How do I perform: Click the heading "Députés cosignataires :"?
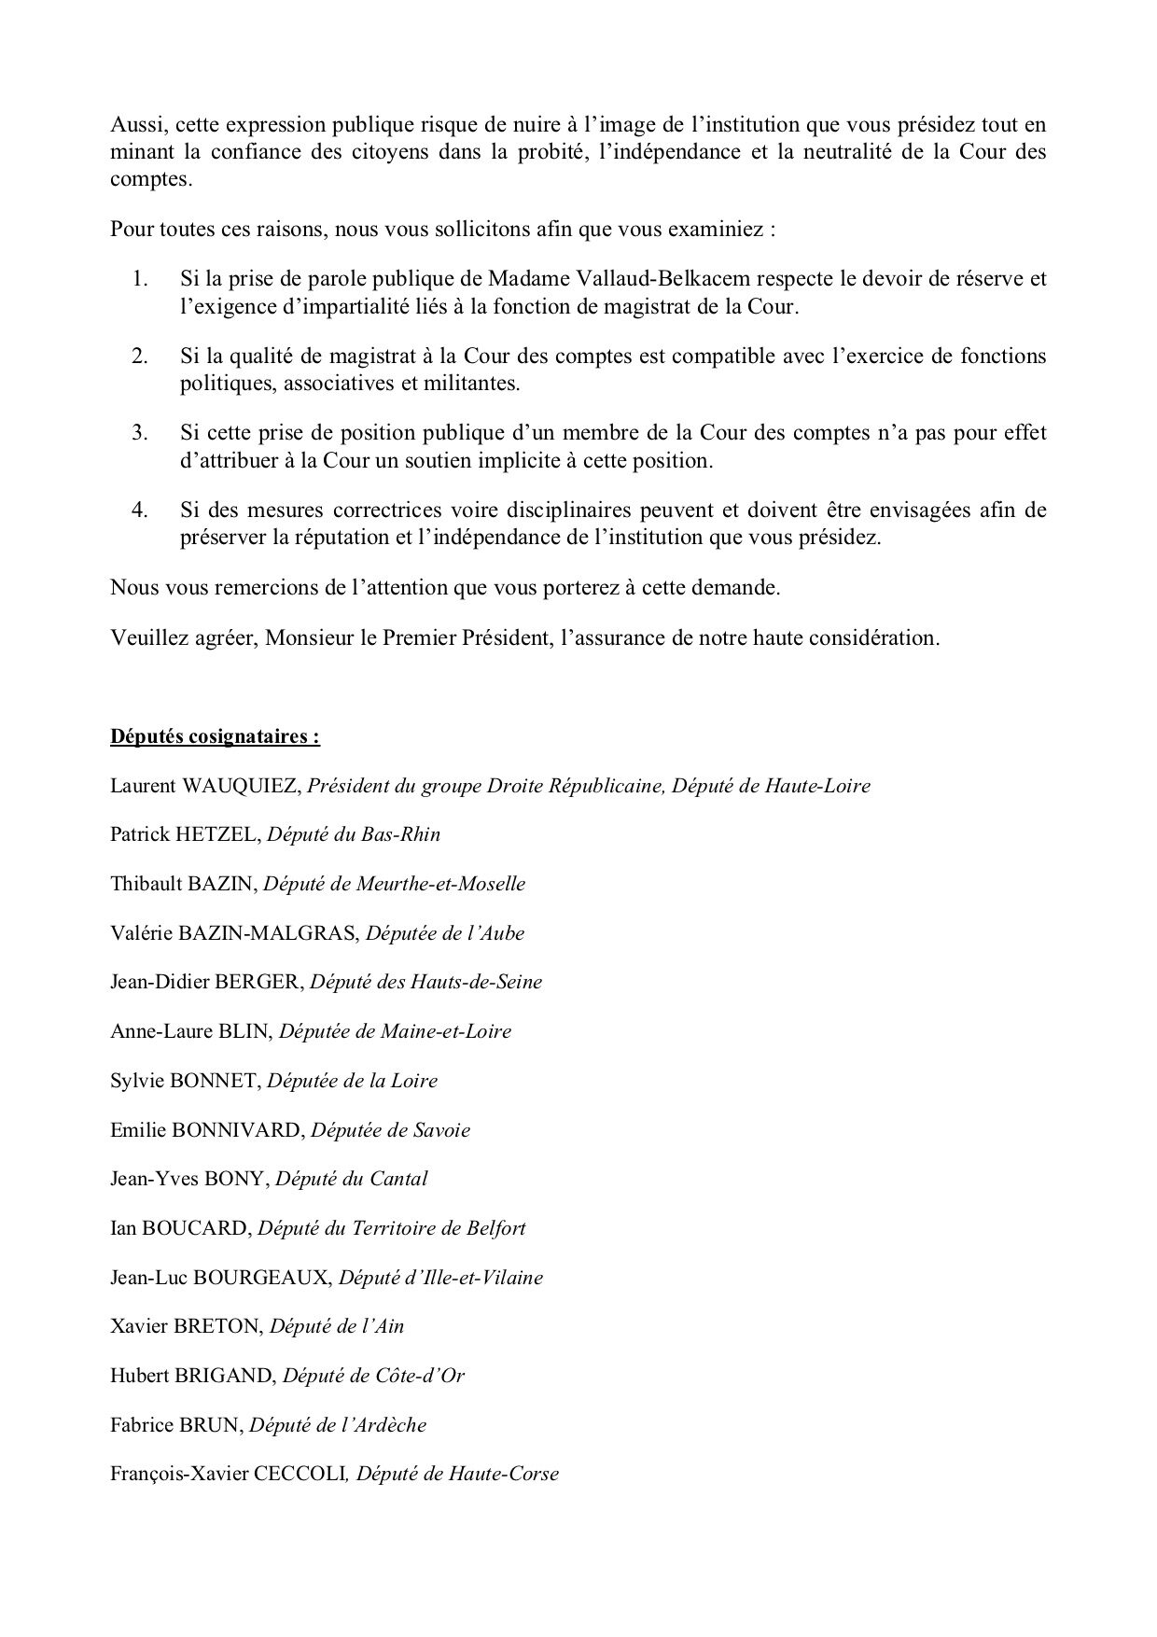215,736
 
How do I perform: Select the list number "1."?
141,278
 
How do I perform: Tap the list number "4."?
141,510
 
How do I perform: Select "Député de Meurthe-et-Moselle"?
394,884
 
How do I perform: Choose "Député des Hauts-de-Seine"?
425,982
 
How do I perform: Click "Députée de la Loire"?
352,1081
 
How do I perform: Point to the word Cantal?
397,1179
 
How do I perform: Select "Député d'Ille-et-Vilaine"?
440,1278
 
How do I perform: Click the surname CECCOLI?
300,1475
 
